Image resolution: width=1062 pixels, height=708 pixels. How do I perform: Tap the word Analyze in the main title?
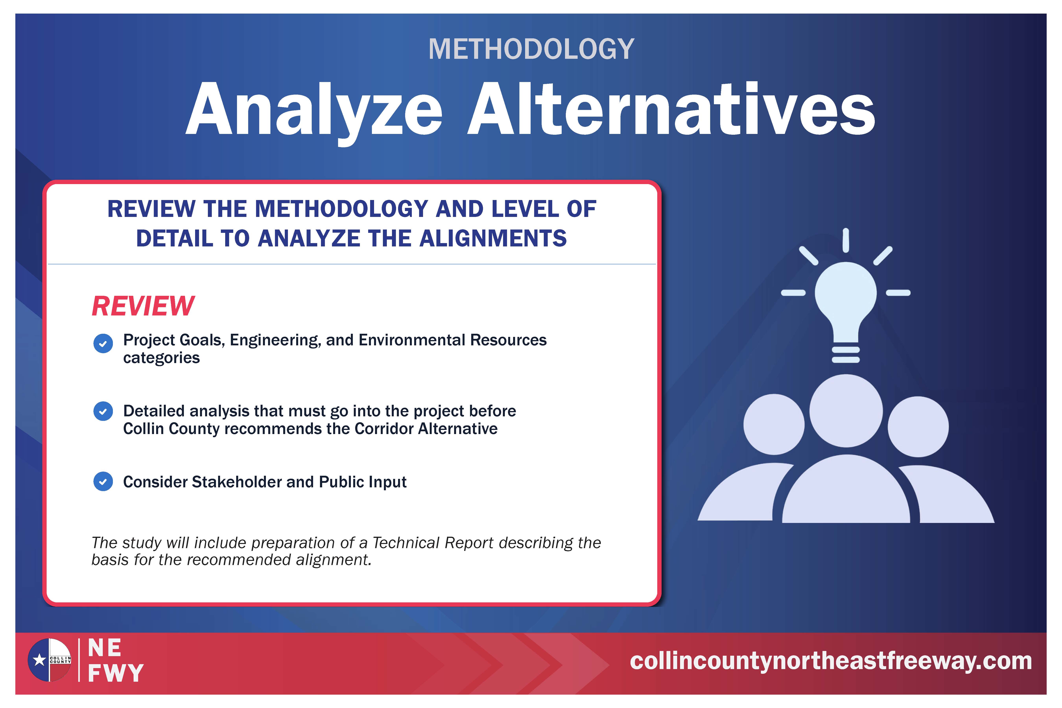pyautogui.click(x=314, y=111)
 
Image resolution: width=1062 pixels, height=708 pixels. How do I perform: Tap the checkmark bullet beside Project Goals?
pyautogui.click(x=103, y=344)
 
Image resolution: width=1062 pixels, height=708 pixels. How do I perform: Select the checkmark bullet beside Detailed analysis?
pyautogui.click(x=103, y=411)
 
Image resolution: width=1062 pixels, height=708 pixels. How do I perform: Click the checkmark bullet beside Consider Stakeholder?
pyautogui.click(x=103, y=482)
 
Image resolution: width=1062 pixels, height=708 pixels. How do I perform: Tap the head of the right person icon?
pyautogui.click(x=918, y=427)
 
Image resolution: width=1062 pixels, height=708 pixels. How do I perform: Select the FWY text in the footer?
pyautogui.click(x=116, y=673)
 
